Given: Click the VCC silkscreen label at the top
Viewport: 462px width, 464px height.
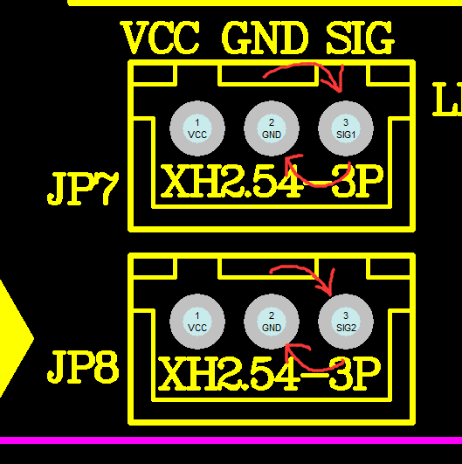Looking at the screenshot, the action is pyautogui.click(x=160, y=38).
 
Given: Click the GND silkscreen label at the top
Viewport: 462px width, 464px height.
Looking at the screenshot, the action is pyautogui.click(x=265, y=38).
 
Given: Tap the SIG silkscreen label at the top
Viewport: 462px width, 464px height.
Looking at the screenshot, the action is pyautogui.click(x=360, y=38).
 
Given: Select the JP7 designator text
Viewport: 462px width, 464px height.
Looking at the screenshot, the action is pyautogui.click(x=83, y=189).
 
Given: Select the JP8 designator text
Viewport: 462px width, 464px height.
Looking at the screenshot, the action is pyautogui.click(x=83, y=367).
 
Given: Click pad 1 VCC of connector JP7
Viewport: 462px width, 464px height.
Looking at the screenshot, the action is pyautogui.click(x=197, y=128).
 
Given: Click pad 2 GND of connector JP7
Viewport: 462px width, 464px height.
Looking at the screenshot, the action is pyautogui.click(x=272, y=128).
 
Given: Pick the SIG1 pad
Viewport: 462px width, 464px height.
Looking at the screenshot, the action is pyautogui.click(x=346, y=128).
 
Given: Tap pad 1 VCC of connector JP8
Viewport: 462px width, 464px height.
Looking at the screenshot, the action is pyautogui.click(x=197, y=322).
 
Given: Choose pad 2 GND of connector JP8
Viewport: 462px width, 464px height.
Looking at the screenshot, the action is pyautogui.click(x=272, y=322).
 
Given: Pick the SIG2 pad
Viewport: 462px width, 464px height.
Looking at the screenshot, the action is pyautogui.click(x=346, y=322).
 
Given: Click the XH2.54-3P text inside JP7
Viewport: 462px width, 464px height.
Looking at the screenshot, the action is pyautogui.click(x=272, y=182).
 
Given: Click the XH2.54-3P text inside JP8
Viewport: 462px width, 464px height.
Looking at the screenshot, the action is pyautogui.click(x=269, y=374).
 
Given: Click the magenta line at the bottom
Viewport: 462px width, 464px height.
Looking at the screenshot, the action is pyautogui.click(x=231, y=440).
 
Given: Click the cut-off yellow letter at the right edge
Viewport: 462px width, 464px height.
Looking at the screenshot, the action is pyautogui.click(x=447, y=99).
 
